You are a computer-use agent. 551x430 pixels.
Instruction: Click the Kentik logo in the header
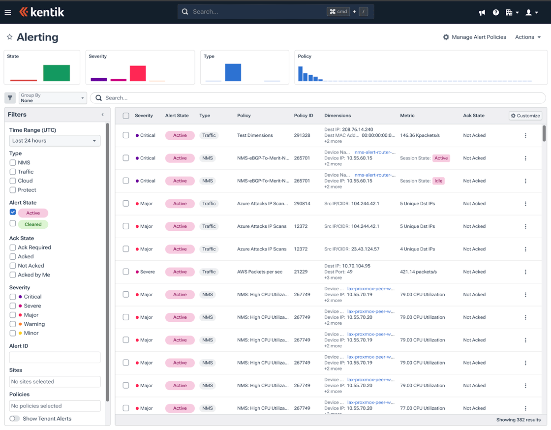tap(42, 12)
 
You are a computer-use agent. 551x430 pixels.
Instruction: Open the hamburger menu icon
tap(8, 12)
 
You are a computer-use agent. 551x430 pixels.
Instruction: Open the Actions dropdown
tap(528, 37)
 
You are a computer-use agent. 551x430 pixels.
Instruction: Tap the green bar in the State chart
tap(57, 73)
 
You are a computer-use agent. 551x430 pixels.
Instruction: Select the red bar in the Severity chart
tap(138, 73)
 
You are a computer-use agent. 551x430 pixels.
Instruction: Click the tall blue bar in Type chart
tap(233, 72)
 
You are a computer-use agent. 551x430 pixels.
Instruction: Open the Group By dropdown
tap(53, 98)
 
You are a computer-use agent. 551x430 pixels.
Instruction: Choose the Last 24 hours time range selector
tap(55, 141)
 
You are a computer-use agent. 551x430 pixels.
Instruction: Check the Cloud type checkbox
tap(13, 181)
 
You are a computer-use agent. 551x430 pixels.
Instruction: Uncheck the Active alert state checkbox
tap(13, 213)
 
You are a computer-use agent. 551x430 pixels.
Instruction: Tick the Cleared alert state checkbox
tap(13, 224)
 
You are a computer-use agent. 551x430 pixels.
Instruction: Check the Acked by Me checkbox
tap(13, 275)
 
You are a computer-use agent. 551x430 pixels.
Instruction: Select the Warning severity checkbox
tap(13, 324)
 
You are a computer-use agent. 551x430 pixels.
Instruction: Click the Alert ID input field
tap(55, 357)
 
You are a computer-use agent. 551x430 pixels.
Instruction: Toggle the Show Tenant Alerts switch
tap(15, 419)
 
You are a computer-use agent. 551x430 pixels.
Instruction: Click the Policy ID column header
tap(304, 116)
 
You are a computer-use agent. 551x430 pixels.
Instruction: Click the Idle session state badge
tap(438, 181)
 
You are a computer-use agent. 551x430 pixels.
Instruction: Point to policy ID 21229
tap(301, 272)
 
